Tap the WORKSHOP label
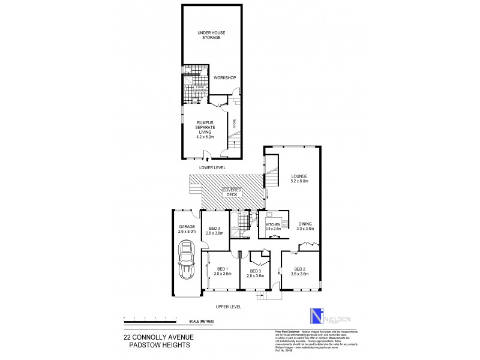coord(224,78)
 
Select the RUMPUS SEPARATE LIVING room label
coord(205,129)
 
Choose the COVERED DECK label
coord(233,192)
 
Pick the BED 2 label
coord(300,271)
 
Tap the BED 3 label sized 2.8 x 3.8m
coord(214,230)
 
